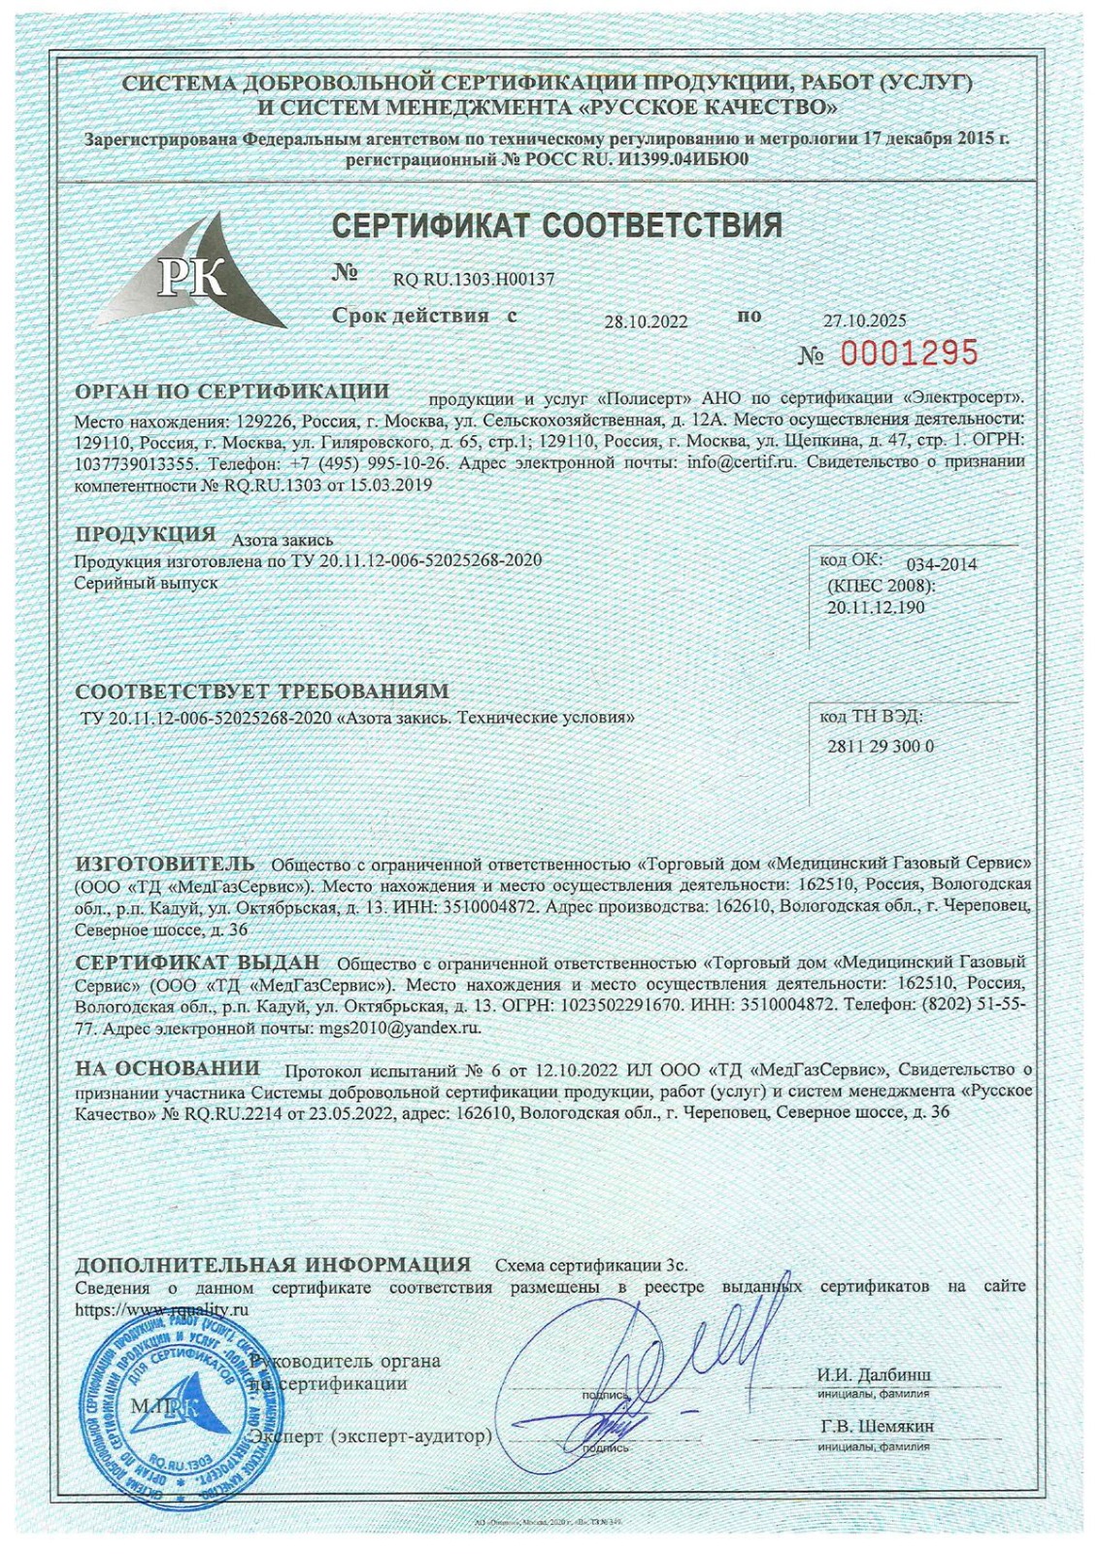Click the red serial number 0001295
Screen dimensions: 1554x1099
point(909,354)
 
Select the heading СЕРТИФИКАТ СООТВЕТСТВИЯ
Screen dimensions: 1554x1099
point(556,226)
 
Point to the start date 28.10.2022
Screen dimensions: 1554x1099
point(646,321)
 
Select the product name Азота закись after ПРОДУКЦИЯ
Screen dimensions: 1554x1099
point(283,540)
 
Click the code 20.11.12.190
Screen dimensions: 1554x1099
point(876,607)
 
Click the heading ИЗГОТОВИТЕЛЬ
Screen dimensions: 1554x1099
point(165,863)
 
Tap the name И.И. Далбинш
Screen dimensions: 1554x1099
point(874,1374)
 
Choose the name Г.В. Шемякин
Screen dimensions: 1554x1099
point(877,1427)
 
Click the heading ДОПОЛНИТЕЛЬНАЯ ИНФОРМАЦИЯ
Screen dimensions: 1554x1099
point(273,1265)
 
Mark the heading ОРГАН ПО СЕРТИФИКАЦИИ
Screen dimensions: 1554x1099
point(232,391)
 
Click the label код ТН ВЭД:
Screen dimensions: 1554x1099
point(871,717)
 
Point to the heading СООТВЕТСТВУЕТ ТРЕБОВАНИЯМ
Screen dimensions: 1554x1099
point(262,692)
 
